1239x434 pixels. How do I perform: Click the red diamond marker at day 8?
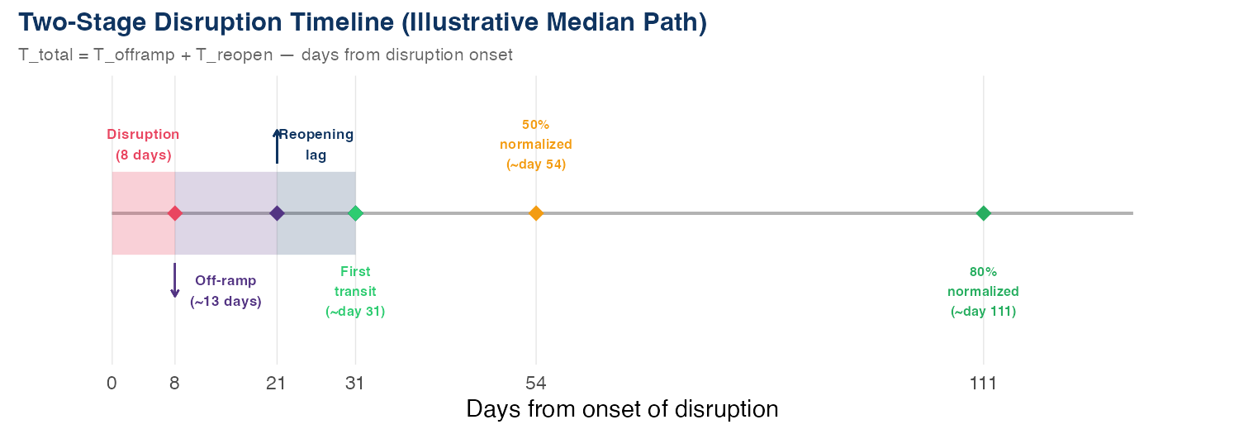click(x=175, y=213)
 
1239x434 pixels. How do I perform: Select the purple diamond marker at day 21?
click(x=277, y=213)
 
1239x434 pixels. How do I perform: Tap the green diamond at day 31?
click(x=355, y=213)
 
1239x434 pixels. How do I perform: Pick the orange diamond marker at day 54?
click(x=536, y=213)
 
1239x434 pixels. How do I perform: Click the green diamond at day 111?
click(x=983, y=213)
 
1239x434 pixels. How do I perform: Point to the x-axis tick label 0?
click(x=112, y=384)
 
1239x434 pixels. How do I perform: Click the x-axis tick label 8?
click(x=175, y=384)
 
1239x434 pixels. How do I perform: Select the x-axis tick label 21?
click(x=277, y=384)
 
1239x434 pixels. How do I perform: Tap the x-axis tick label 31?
click(x=355, y=384)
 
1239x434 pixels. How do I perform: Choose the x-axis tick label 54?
click(x=536, y=384)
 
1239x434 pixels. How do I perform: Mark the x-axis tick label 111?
click(x=983, y=384)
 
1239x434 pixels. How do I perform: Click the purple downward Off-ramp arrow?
click(x=175, y=281)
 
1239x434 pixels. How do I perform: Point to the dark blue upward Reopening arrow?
click(x=277, y=146)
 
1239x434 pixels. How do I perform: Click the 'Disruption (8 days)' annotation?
click(x=143, y=145)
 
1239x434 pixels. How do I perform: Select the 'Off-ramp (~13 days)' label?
click(x=225, y=291)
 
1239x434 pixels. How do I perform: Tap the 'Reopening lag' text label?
click(x=316, y=145)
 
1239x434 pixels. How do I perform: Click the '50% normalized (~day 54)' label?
click(x=536, y=145)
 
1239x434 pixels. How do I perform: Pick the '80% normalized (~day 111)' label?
click(x=983, y=292)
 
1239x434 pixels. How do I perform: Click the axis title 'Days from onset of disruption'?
click(x=622, y=409)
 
